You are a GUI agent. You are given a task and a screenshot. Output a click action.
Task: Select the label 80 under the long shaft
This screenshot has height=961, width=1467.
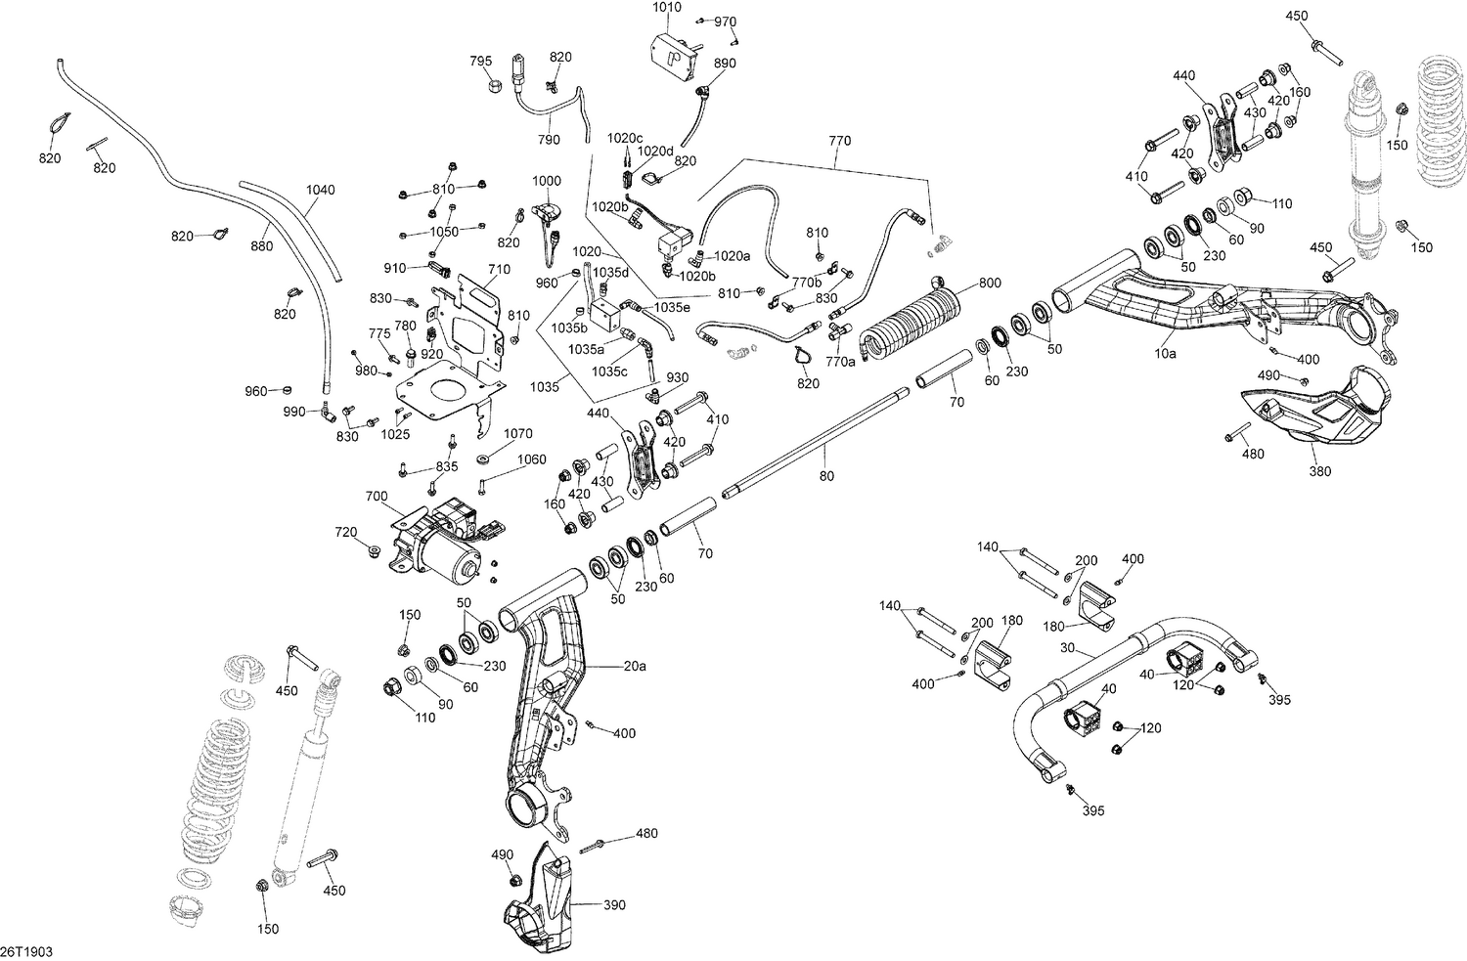coord(826,476)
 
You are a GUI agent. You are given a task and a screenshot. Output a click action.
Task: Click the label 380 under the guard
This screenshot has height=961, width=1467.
coord(1320,472)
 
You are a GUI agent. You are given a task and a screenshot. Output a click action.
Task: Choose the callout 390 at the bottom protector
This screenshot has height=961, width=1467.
coord(614,905)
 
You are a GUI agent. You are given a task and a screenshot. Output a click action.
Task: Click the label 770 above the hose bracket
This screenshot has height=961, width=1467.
coord(840,141)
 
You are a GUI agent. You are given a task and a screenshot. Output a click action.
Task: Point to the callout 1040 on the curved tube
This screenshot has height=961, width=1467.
coord(320,190)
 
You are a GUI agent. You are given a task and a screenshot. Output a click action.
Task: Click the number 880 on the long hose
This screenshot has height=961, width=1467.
coord(262,246)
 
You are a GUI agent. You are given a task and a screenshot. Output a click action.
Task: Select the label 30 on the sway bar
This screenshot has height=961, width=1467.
coord(1066,648)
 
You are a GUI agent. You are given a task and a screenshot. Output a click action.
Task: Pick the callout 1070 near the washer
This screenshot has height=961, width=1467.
coord(518,433)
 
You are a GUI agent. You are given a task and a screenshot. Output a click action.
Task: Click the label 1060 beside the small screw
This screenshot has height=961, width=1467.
coord(532,459)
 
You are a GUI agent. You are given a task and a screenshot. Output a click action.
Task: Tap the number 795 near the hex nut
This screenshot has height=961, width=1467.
coord(481,61)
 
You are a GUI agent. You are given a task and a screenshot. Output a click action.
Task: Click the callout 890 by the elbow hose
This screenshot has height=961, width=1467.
coord(725,63)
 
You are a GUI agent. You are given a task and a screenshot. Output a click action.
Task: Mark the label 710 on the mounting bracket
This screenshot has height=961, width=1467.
coord(499,268)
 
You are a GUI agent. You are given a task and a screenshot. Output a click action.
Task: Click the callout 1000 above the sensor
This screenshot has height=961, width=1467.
coord(547,181)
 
